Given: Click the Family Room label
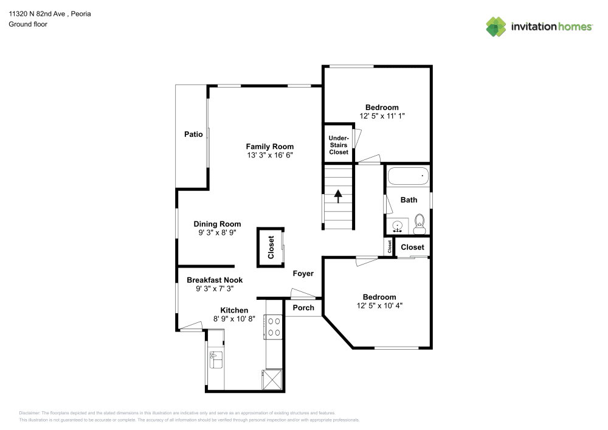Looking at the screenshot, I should tap(269, 146).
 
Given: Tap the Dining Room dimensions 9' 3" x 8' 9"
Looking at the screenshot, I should tap(217, 233).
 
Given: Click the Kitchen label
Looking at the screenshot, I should tap(234, 310).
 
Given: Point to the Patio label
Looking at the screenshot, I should tap(193, 134).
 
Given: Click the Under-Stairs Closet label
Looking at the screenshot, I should tap(339, 145).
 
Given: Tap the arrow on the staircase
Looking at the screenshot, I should tap(338, 196).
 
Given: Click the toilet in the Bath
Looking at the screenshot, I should tap(419, 224).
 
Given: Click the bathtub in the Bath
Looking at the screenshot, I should tap(408, 177).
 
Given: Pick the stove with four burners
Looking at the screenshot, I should tap(274, 326).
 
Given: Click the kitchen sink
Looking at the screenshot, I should tap(216, 359).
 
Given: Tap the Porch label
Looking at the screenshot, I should tap(303, 308).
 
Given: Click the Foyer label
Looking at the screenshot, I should tap(303, 274).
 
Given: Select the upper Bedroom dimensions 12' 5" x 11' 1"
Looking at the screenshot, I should tap(382, 116).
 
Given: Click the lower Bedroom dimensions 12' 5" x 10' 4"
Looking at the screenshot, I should tap(379, 306).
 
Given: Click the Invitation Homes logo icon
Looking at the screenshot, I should tap(496, 26).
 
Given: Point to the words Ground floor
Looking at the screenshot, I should tap(27, 24).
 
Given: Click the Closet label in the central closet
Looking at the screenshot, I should tap(271, 248).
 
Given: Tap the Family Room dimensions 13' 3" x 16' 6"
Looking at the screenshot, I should tap(269, 155).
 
